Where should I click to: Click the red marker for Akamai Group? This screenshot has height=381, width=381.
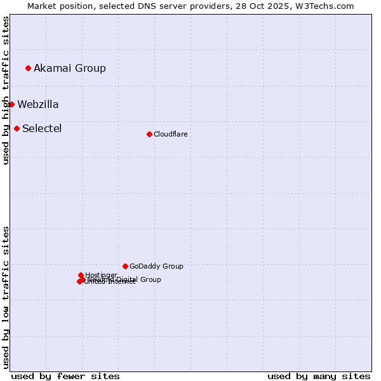[x=28, y=68]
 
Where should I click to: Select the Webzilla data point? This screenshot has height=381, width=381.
[x=11, y=104]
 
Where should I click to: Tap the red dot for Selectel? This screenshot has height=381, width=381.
[x=17, y=128]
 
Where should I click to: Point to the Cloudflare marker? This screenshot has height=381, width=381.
[x=149, y=134]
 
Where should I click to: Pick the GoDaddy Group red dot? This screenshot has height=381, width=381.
[x=125, y=266]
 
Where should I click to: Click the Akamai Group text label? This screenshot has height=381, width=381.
[x=70, y=68]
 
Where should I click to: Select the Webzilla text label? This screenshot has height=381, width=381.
[x=38, y=104]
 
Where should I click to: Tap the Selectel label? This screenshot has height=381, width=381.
[x=42, y=128]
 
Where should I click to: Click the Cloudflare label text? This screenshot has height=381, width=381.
[x=170, y=134]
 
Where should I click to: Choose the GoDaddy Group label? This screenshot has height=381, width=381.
[x=156, y=266]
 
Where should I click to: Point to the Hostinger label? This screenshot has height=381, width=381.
[x=101, y=274]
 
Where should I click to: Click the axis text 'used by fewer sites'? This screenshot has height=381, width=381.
[x=65, y=376]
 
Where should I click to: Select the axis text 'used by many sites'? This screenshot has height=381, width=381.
[x=319, y=376]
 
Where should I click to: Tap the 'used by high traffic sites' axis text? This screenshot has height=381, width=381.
[x=6, y=90]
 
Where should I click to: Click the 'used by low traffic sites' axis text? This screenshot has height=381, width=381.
[x=6, y=297]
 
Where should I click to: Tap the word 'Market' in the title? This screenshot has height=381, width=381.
[x=41, y=6]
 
